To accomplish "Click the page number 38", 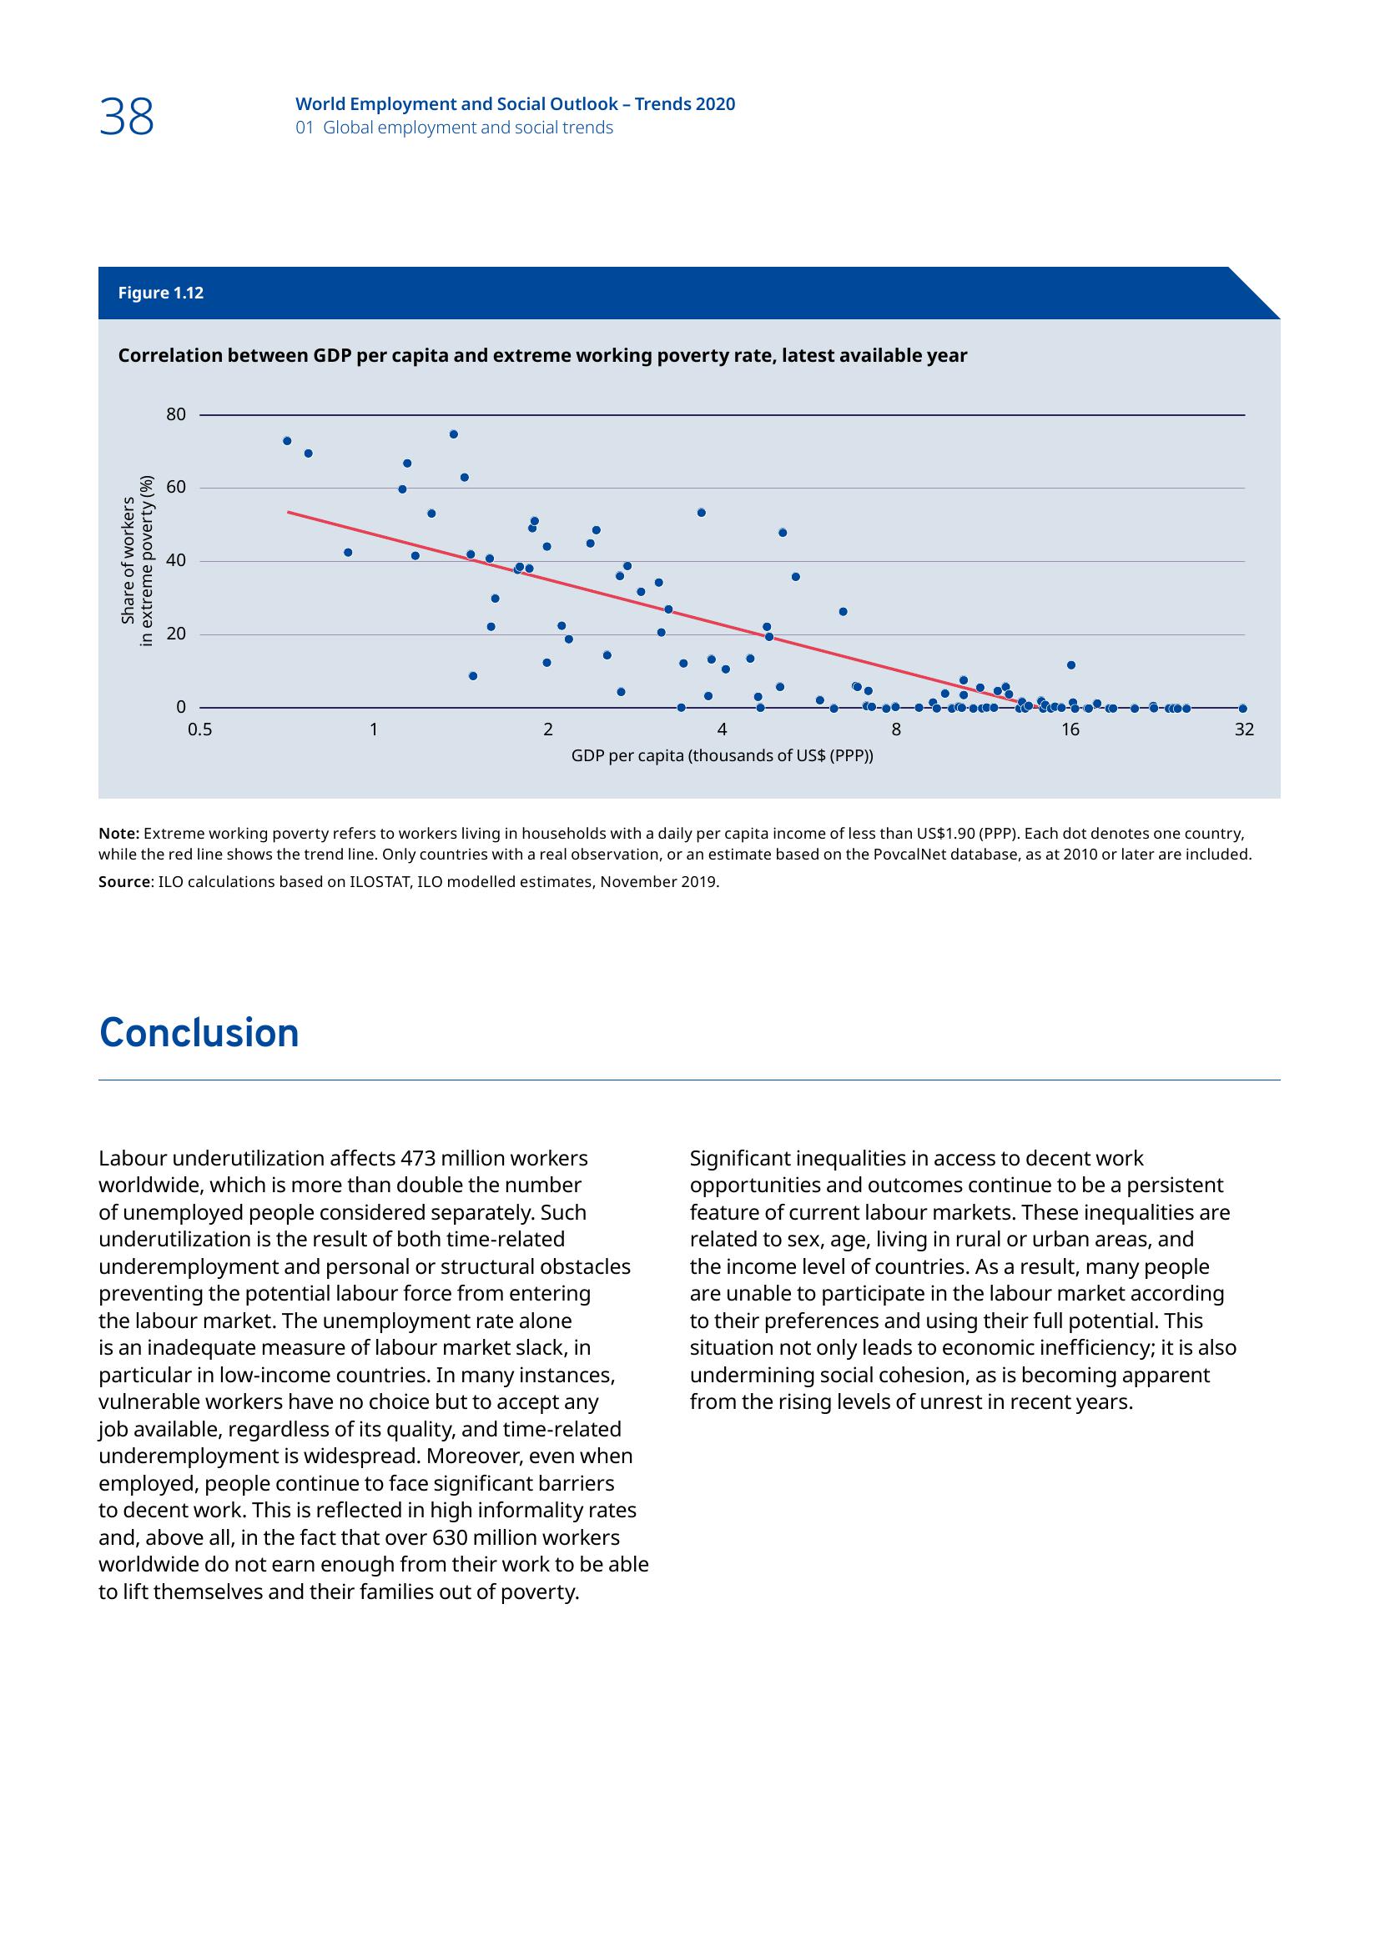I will tap(127, 118).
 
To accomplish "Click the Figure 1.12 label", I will tap(160, 293).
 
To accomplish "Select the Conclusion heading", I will tap(199, 1034).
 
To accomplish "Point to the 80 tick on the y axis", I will tap(176, 414).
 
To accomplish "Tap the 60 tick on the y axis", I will tap(176, 488).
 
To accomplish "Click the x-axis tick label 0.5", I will tap(200, 729).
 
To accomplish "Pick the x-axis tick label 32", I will tap(1244, 729).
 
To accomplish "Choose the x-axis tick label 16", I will tap(1070, 729).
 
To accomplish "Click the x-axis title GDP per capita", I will tap(722, 756).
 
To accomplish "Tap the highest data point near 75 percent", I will tap(454, 434).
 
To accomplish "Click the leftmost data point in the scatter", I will tap(287, 441).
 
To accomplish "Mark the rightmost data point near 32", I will tap(1243, 709).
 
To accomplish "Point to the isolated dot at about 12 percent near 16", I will tap(1071, 665).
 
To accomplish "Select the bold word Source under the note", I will tap(124, 882).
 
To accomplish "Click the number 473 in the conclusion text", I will tap(416, 1159).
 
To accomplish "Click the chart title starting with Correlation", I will tap(542, 356).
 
